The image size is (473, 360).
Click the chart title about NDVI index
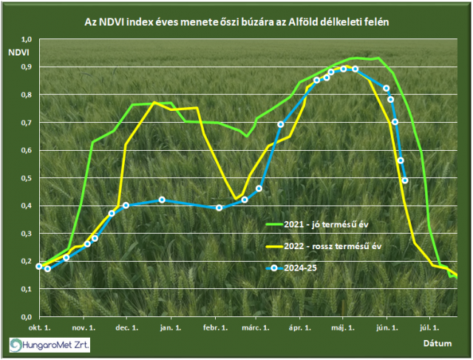236,23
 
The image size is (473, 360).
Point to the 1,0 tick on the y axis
27,39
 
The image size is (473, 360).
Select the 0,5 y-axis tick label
27,178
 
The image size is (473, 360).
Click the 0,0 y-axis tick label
27,316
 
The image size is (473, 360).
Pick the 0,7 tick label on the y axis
27,123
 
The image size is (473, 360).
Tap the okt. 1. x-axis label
39,326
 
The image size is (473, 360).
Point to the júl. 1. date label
430,326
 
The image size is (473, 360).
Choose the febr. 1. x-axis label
215,326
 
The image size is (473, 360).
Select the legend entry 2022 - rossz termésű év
344,245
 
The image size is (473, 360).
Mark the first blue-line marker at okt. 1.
39,266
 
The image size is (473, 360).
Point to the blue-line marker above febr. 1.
219,208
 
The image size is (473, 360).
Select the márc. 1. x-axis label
256,326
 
